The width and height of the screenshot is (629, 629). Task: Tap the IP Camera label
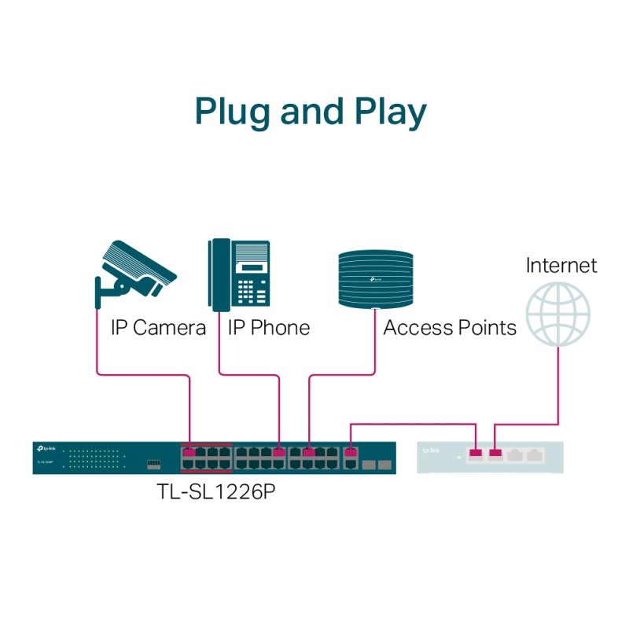pos(157,327)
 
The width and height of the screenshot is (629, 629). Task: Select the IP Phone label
pos(269,327)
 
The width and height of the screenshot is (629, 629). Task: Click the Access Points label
pos(450,327)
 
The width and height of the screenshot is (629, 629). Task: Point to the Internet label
pos(561,265)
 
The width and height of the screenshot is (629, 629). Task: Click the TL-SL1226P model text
pos(218,494)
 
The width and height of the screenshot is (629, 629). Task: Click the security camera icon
pos(135,271)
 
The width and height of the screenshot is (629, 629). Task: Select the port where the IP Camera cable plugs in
pos(189,452)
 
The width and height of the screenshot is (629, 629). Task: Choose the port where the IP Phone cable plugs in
pos(279,452)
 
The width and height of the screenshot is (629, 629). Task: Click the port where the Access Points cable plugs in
pos(309,452)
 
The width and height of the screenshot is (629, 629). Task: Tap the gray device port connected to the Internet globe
pos(495,453)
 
